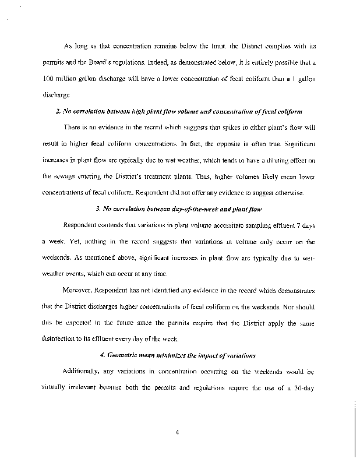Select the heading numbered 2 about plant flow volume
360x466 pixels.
pos(184,111)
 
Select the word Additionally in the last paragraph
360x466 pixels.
pos(82,371)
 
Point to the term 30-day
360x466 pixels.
pos(306,387)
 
